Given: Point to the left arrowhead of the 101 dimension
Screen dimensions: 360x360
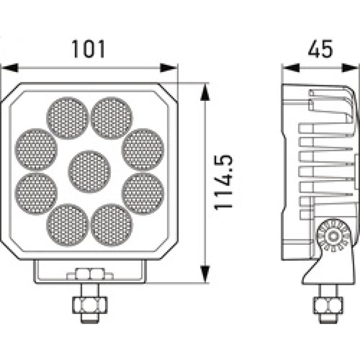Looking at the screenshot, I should click(9, 68).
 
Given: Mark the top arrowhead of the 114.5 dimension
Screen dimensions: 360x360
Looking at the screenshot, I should click(205, 92).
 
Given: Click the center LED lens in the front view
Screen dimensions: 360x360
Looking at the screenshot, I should click(89, 171).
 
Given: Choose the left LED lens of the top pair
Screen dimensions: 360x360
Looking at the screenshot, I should click(67, 118).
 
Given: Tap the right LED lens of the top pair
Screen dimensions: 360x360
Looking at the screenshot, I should click(112, 118).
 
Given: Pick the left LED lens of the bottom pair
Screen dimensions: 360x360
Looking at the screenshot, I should click(67, 225).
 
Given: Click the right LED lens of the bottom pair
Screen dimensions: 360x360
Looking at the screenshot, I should click(112, 225).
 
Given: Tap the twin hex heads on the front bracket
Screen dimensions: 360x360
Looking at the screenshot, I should click(89, 274).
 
